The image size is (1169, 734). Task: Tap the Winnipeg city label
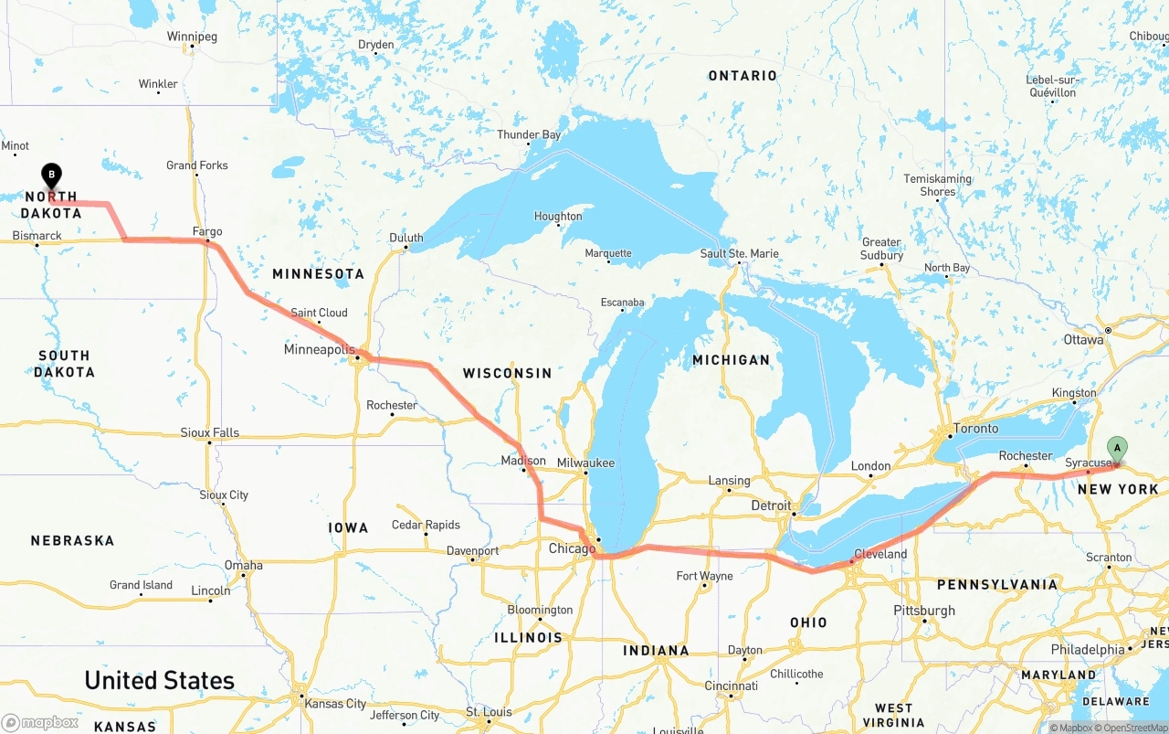point(192,37)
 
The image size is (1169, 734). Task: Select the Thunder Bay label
point(529,134)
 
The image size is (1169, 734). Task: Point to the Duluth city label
point(406,238)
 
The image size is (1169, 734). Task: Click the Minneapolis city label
point(319,349)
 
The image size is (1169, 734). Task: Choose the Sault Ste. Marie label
point(739,253)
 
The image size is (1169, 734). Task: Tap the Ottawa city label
point(1083,339)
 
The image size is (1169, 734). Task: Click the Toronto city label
point(975,428)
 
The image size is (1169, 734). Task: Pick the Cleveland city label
point(880,554)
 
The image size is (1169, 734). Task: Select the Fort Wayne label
point(704,576)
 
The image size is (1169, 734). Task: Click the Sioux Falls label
point(209,432)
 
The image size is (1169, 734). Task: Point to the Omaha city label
point(244,565)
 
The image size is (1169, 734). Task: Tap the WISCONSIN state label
point(507,373)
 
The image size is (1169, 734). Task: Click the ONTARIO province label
point(742,76)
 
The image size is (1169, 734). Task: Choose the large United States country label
point(159,680)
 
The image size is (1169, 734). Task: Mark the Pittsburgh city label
point(924,610)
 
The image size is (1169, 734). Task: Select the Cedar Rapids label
point(426,525)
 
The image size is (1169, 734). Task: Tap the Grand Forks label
point(197,165)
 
